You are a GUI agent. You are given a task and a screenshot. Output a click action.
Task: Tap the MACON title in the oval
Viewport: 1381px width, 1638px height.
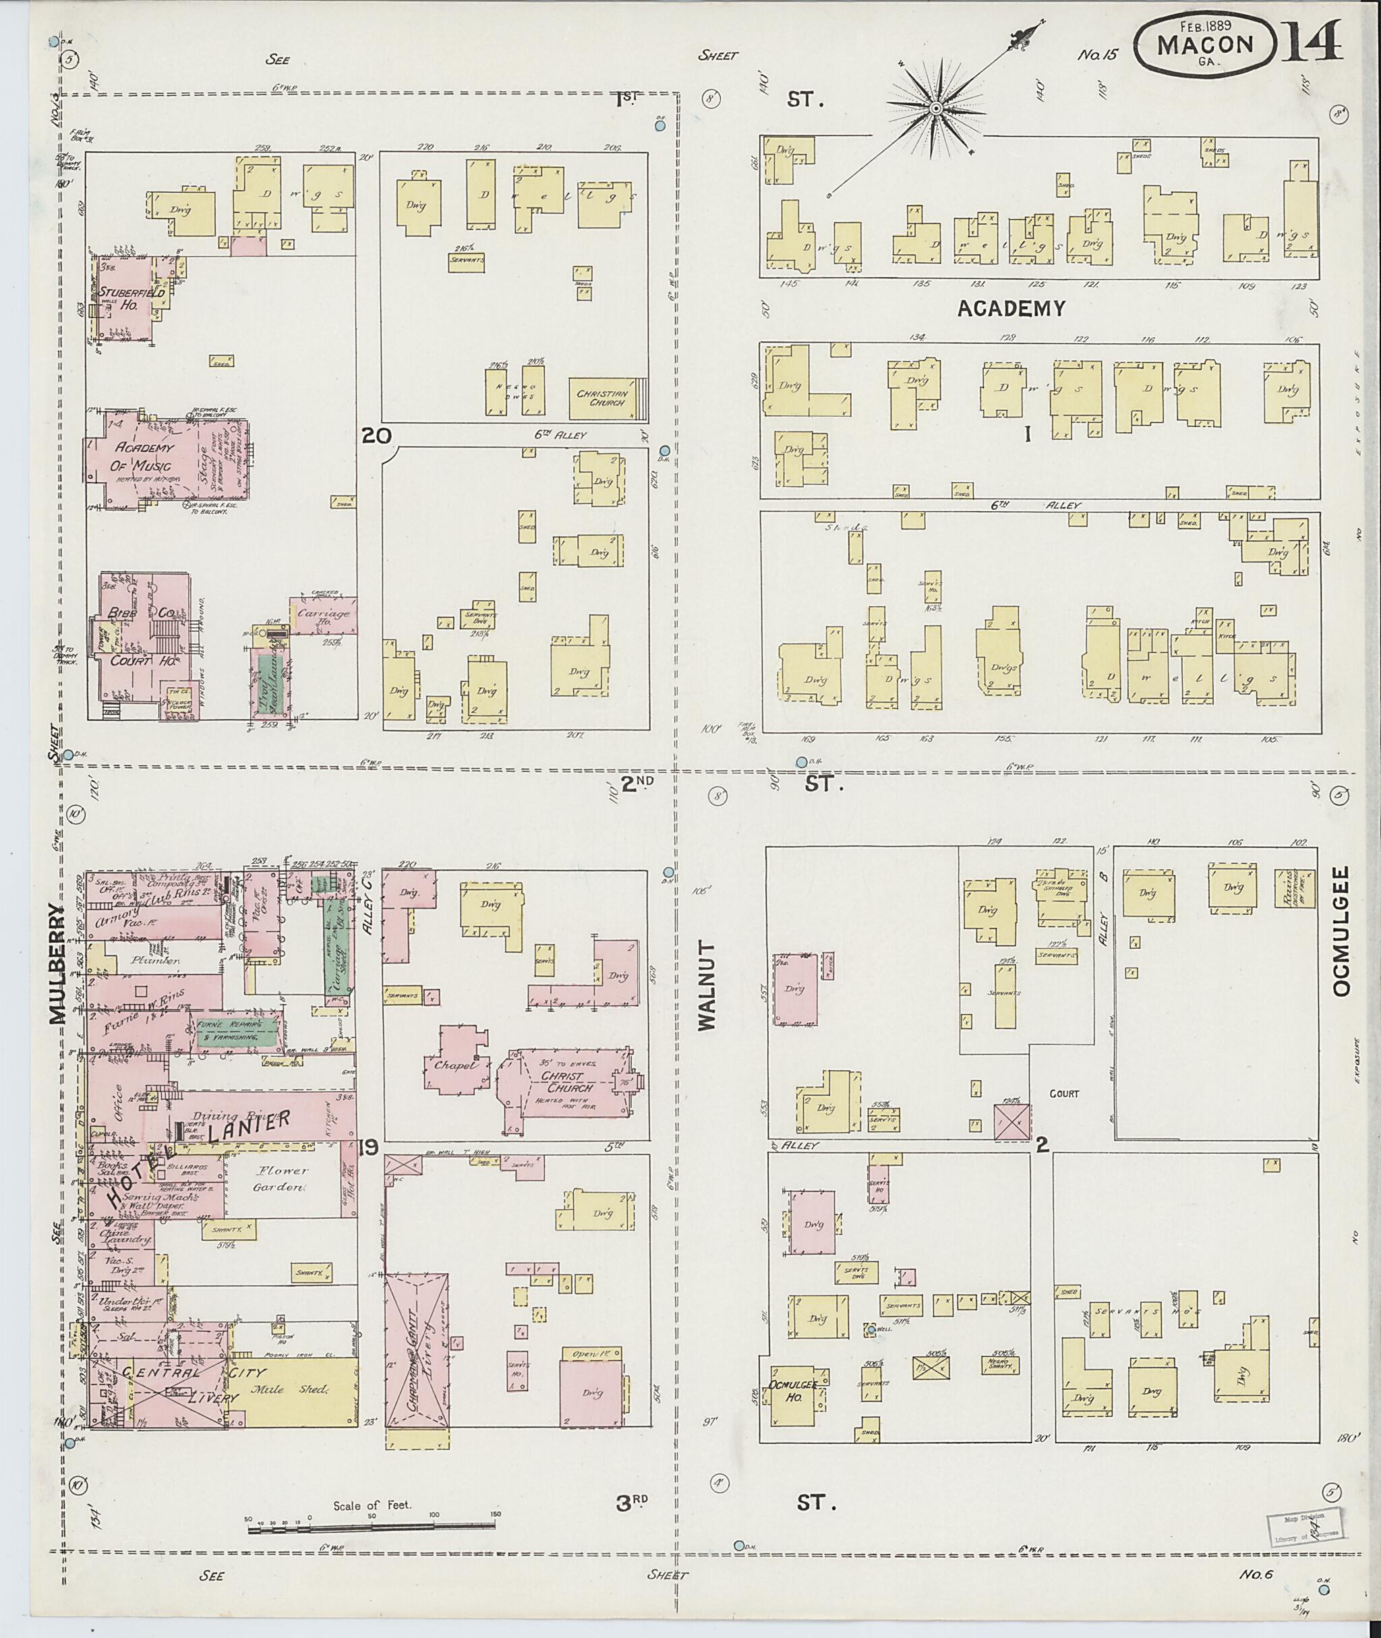click(1206, 45)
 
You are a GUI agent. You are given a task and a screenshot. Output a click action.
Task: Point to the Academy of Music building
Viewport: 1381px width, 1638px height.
click(166, 457)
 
